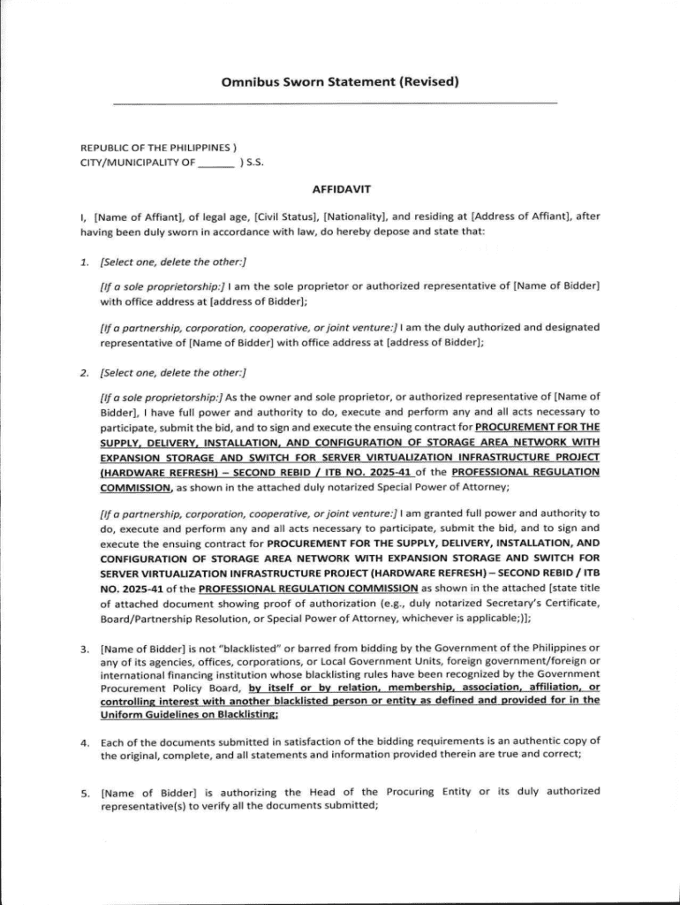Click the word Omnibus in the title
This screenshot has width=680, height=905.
pos(249,84)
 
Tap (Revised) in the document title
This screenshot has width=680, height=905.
pos(430,84)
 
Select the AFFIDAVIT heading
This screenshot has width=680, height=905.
pos(340,189)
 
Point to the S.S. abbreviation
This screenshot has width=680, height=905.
pos(254,163)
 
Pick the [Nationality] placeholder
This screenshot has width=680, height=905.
pos(354,216)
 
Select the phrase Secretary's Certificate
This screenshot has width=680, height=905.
pos(543,604)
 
